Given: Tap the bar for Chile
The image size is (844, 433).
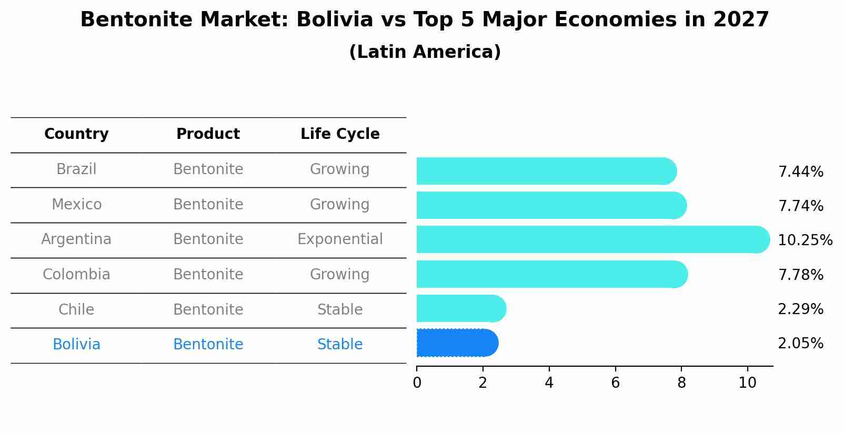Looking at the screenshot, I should [x=460, y=308].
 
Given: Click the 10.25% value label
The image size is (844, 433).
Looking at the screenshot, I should [x=805, y=240].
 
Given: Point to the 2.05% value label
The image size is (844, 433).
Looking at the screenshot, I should [x=800, y=344].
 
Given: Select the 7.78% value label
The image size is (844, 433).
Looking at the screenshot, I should [x=800, y=275].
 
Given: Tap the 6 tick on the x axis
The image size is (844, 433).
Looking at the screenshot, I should [x=615, y=383].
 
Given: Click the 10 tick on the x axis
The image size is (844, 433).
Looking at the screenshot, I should [x=747, y=383].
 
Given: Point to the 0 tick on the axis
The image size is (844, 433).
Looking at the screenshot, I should [x=417, y=383].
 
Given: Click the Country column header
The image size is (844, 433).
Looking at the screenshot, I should [x=76, y=134].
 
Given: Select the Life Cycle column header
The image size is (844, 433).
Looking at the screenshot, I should [x=340, y=134].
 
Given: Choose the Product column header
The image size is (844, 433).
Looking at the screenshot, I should [x=208, y=134].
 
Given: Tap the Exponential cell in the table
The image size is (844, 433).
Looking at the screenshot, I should [x=340, y=239].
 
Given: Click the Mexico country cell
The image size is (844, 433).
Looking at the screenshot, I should [x=76, y=204].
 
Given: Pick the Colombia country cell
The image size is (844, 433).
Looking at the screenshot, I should [x=76, y=275].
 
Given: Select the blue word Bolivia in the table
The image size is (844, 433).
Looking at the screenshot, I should [x=76, y=345].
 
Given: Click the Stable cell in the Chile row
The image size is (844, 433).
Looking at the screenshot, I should [x=340, y=310].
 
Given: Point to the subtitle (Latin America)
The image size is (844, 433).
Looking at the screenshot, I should [x=425, y=52].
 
